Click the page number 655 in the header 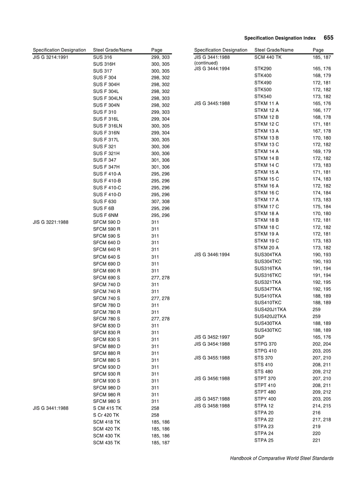tap(328, 38)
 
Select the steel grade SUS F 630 tap(105, 201)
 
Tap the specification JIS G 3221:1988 tap(50, 222)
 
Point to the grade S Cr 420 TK tap(106, 415)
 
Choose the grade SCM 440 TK tap(268, 57)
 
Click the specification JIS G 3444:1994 tap(212, 69)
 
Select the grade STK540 tap(263, 97)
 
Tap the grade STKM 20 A tap(266, 248)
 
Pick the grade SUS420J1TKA tap(270, 309)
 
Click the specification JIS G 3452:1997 tap(212, 337)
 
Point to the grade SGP tap(259, 337)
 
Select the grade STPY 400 tap(265, 399)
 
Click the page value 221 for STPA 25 tap(316, 440)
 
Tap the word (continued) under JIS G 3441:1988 tap(206, 63)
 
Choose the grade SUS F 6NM tap(105, 215)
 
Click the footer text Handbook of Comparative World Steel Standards tap(281, 458)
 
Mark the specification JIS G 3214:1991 tap(50, 57)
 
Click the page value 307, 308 tap(160, 201)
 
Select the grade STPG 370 tap(266, 344)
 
